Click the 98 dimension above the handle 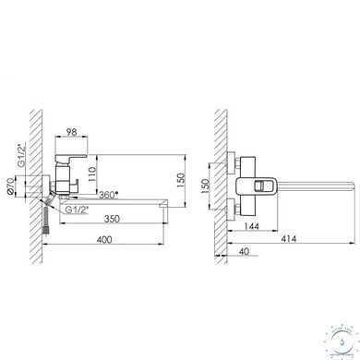click(72, 132)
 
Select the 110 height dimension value click(92, 174)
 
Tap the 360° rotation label click(109, 195)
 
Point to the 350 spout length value click(112, 219)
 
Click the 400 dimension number click(104, 239)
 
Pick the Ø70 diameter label click(10, 186)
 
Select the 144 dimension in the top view click(251, 226)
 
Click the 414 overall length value click(289, 239)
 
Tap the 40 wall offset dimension click(244, 251)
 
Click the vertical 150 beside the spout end click(181, 181)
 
